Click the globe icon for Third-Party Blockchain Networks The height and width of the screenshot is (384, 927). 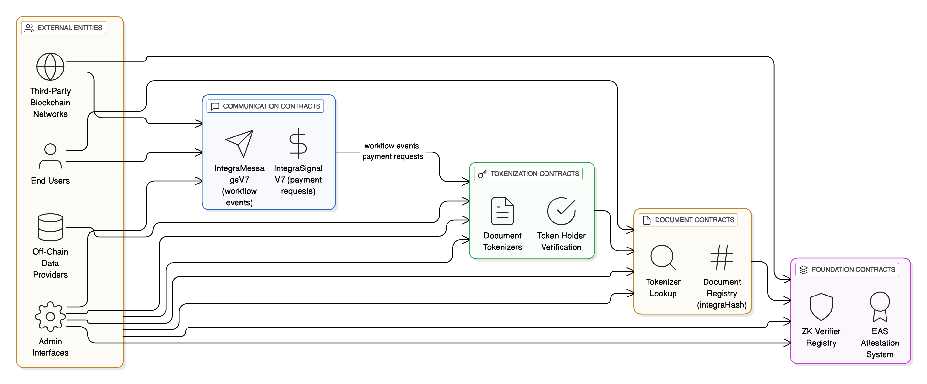(x=50, y=67)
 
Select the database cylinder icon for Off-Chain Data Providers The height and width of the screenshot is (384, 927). (x=50, y=227)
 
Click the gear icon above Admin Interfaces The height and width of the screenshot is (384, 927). (x=50, y=316)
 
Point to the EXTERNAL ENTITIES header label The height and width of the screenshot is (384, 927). (x=64, y=28)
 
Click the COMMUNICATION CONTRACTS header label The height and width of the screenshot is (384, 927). (x=265, y=106)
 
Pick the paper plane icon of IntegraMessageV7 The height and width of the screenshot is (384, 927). (x=240, y=143)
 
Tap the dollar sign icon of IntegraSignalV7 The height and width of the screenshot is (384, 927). (x=298, y=144)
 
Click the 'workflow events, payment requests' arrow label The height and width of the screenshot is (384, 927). (x=392, y=151)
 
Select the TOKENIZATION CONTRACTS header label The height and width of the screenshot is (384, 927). (x=528, y=173)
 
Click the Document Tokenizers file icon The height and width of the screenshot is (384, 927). (x=502, y=211)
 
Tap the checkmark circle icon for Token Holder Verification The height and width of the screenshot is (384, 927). (x=561, y=211)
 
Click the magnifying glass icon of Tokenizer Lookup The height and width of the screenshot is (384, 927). (x=662, y=257)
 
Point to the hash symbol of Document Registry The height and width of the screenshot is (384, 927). (x=722, y=257)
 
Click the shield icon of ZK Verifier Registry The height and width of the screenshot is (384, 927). (x=821, y=307)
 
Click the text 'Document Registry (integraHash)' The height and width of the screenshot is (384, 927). (x=722, y=293)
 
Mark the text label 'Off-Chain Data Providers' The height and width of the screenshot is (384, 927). (x=50, y=263)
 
